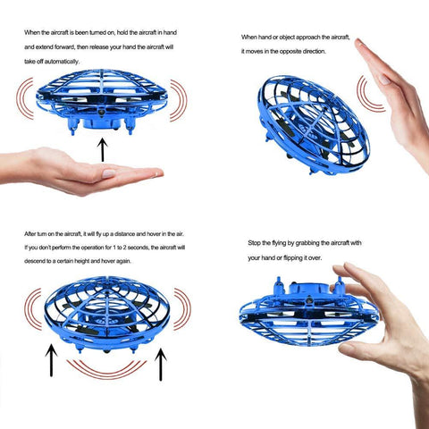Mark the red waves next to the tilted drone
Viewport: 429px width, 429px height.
click(367, 93)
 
